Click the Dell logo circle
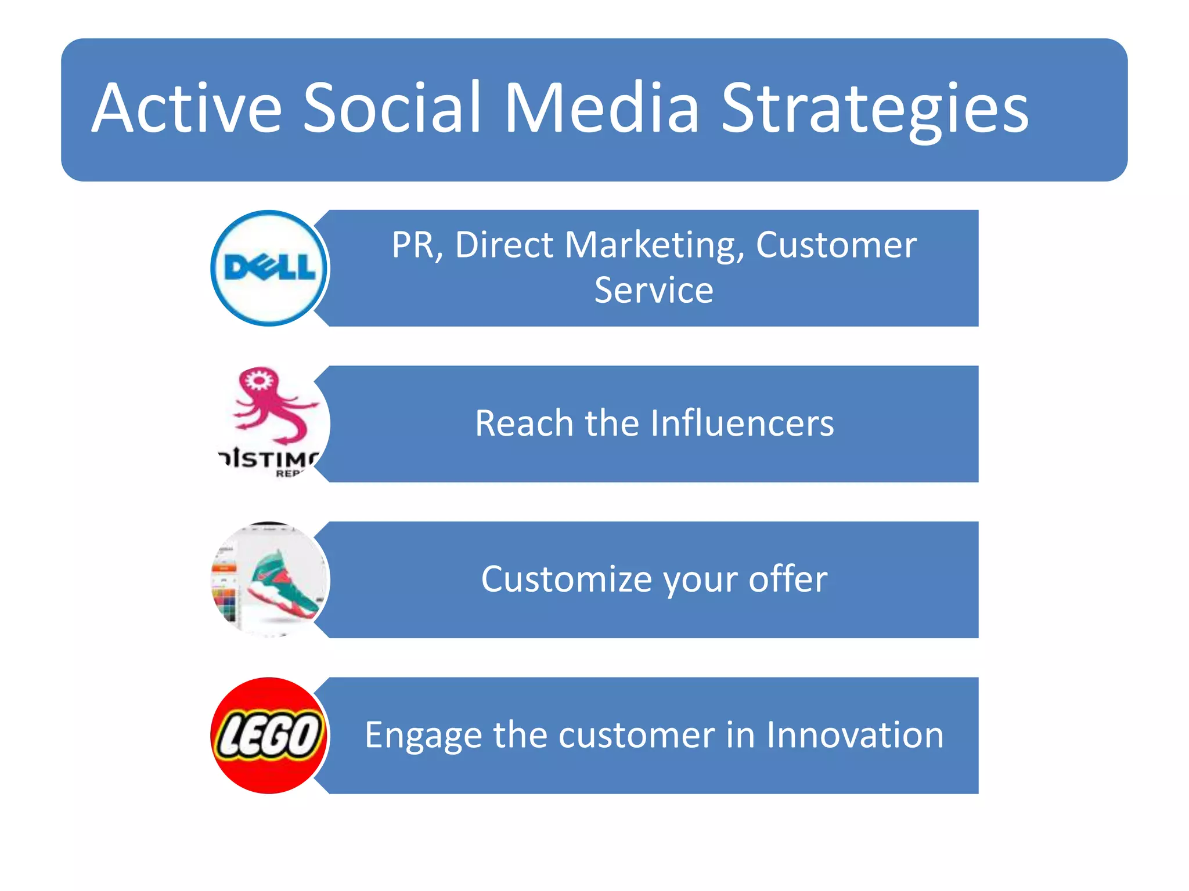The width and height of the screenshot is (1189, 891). tap(269, 268)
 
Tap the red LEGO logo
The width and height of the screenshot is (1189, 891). tap(269, 736)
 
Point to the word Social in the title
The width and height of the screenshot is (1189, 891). tap(392, 108)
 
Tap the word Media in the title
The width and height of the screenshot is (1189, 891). tap(601, 108)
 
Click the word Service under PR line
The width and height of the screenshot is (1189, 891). tap(654, 290)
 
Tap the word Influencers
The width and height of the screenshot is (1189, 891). tap(742, 423)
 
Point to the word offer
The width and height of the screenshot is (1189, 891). tap(788, 579)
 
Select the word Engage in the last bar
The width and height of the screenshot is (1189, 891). tap(423, 736)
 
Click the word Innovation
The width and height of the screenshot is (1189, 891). tap(855, 735)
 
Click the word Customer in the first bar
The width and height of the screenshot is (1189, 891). tap(836, 245)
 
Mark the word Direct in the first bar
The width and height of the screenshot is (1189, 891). tap(504, 245)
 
